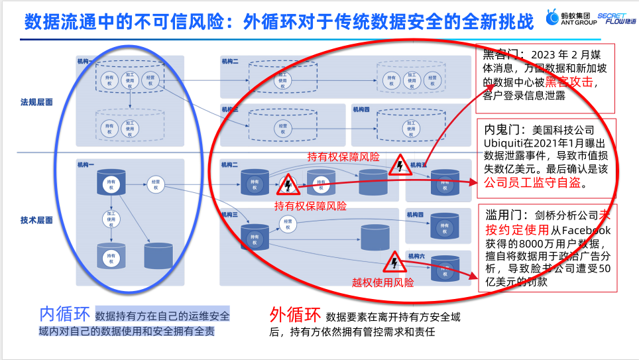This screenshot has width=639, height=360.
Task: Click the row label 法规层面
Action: pyautogui.click(x=36, y=102)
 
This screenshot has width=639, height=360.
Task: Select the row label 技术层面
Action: pyautogui.click(x=36, y=219)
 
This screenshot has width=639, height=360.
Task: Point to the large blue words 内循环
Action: pyautogui.click(x=64, y=314)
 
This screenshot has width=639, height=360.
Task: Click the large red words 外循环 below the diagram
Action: pyautogui.click(x=295, y=314)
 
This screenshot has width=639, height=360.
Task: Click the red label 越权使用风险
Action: pyautogui.click(x=382, y=282)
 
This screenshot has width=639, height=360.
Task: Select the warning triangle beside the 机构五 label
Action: pyautogui.click(x=400, y=165)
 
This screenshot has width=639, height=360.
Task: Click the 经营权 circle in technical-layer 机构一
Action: pyautogui.click(x=155, y=184)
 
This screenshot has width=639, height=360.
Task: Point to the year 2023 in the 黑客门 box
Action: pyautogui.click(x=527, y=54)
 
